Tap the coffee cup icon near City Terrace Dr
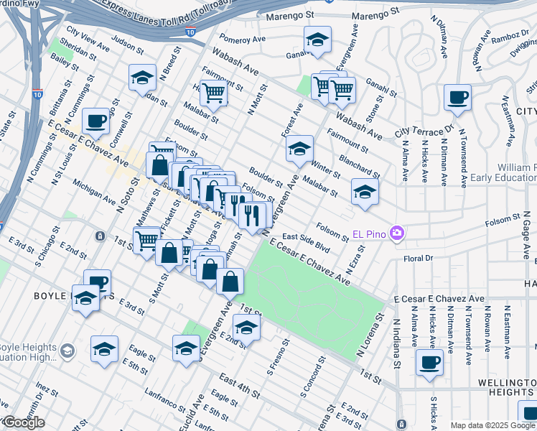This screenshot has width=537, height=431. pyautogui.click(x=457, y=97)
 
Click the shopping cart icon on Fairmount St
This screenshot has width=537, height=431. pyautogui.click(x=213, y=91)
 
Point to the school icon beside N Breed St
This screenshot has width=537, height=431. pyautogui.click(x=143, y=76)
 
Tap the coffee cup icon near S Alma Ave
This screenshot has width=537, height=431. pyautogui.click(x=430, y=362)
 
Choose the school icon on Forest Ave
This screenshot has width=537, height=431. pyautogui.click(x=299, y=148)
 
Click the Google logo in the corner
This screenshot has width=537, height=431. pyautogui.click(x=23, y=422)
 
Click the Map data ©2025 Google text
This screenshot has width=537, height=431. pyautogui.click(x=492, y=425)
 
